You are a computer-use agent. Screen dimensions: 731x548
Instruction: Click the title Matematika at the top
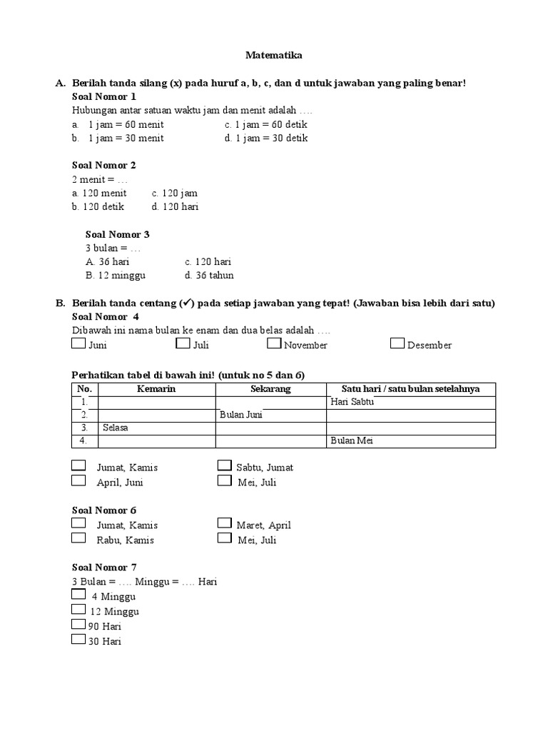(x=274, y=54)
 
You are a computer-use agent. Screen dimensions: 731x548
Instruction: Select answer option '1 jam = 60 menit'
(x=126, y=124)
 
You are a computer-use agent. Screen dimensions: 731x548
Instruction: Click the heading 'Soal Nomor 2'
(x=104, y=165)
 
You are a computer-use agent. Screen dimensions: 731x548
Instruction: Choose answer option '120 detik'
(x=98, y=206)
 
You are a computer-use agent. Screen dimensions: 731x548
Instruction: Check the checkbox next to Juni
(x=78, y=344)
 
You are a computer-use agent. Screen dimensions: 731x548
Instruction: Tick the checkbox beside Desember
(x=397, y=344)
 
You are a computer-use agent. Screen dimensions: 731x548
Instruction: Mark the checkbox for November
(x=274, y=344)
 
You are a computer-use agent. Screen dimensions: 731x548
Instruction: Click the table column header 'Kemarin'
(x=156, y=389)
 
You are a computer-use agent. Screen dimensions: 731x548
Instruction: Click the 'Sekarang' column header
(x=270, y=389)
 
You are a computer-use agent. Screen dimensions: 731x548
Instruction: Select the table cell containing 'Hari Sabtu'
(x=410, y=402)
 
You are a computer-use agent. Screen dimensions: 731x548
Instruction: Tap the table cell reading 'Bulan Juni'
(x=271, y=415)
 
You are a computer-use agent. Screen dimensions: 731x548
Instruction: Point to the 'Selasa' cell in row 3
(x=156, y=428)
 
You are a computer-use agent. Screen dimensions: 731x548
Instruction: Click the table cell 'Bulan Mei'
(x=410, y=440)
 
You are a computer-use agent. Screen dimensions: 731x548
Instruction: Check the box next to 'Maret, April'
(x=224, y=524)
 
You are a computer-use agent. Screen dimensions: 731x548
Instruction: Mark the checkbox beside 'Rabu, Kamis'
(x=78, y=539)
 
